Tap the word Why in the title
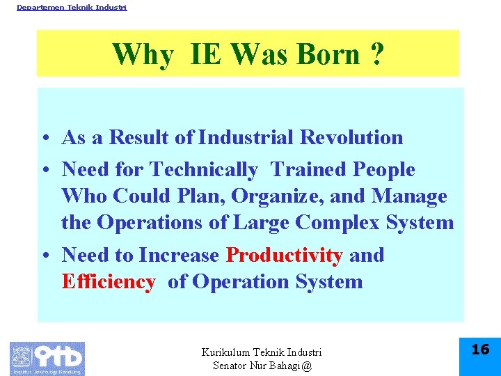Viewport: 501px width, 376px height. point(143,54)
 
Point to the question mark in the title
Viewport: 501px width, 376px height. point(377,54)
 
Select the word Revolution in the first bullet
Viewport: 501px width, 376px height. point(351,137)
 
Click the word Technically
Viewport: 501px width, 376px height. point(203,169)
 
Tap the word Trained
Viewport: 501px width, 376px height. point(309,169)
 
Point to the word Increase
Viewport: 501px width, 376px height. point(179,255)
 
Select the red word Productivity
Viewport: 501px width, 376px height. point(285,256)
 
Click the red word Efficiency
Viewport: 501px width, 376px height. point(109,282)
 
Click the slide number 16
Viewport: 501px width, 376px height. point(480,350)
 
